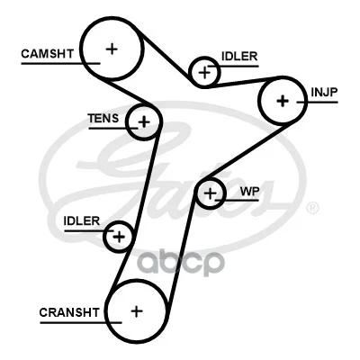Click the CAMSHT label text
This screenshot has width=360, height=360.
(x=48, y=54)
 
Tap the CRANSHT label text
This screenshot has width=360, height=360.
(x=69, y=312)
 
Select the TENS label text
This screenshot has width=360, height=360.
(x=103, y=119)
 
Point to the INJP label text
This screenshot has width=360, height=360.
(x=324, y=92)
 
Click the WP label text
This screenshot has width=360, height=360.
(x=249, y=192)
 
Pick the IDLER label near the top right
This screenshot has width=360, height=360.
(x=239, y=56)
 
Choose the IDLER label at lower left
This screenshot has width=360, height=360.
(x=82, y=221)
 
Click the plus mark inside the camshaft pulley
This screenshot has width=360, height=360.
(x=112, y=49)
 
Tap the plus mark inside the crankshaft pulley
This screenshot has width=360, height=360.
(x=137, y=311)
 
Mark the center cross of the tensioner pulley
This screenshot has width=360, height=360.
(x=144, y=121)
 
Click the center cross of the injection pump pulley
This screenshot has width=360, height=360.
(x=283, y=101)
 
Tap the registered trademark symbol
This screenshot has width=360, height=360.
(x=313, y=207)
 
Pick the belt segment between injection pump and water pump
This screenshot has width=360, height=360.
(x=247, y=151)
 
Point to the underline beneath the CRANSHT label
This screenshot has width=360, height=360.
(x=81, y=323)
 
